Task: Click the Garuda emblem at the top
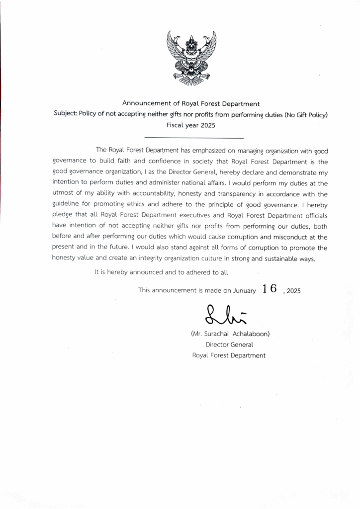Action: click(x=191, y=58)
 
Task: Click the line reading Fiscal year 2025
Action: click(x=191, y=125)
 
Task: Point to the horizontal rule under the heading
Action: click(x=193, y=138)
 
